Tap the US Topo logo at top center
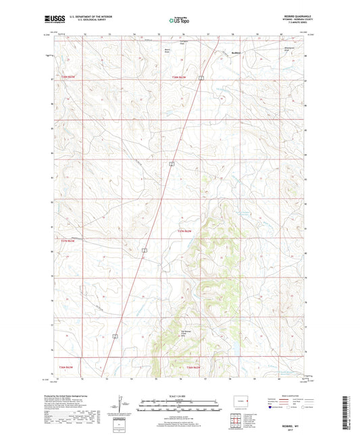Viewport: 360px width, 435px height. pyautogui.click(x=180, y=21)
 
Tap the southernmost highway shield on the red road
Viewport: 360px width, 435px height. pyautogui.click(x=115, y=336)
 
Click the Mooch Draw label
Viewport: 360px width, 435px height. pyautogui.click(x=167, y=50)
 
